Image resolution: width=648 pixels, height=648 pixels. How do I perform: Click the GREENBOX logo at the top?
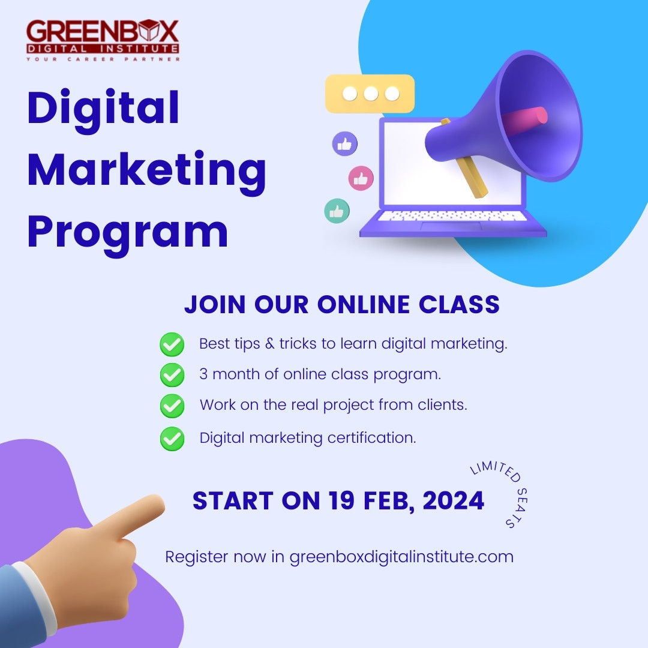pyautogui.click(x=103, y=40)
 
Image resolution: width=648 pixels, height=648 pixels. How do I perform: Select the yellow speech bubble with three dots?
pyautogui.click(x=370, y=94)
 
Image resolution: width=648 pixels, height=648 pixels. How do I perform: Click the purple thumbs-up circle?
pyautogui.click(x=345, y=144)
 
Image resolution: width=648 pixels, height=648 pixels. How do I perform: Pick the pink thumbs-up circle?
pyautogui.click(x=361, y=178)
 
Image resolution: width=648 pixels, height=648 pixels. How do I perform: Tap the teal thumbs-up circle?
pyautogui.click(x=337, y=211)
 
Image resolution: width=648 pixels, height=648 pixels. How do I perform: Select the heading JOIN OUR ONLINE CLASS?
pyautogui.click(x=341, y=305)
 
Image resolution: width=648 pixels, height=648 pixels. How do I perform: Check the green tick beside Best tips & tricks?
pyautogui.click(x=172, y=345)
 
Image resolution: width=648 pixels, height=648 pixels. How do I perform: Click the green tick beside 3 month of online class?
pyautogui.click(x=172, y=375)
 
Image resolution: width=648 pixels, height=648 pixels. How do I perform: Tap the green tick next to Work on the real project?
pyautogui.click(x=172, y=406)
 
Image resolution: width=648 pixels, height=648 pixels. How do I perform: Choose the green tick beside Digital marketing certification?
pyautogui.click(x=172, y=439)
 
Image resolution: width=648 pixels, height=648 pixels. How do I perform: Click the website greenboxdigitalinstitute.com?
pyautogui.click(x=401, y=557)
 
